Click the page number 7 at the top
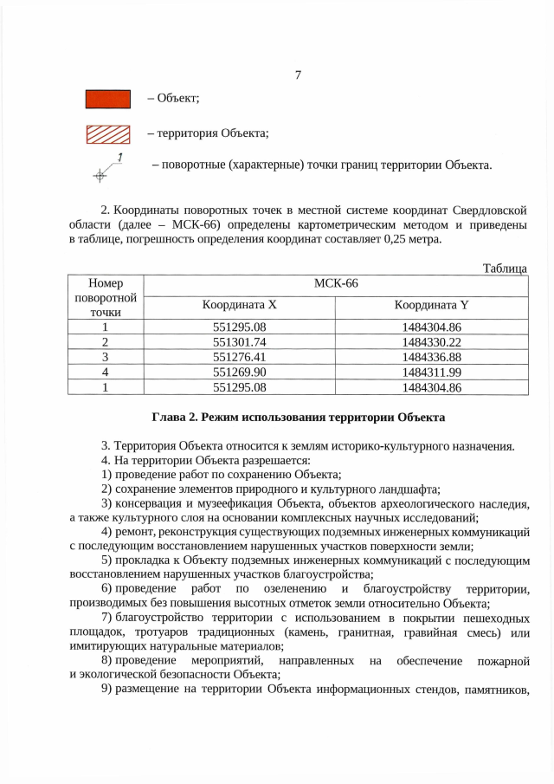297,75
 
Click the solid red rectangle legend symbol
107,99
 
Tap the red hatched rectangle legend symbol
107,133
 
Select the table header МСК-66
334,283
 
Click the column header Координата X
239,305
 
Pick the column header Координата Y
431,305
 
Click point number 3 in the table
105,356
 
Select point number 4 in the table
105,372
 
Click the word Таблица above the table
505,269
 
